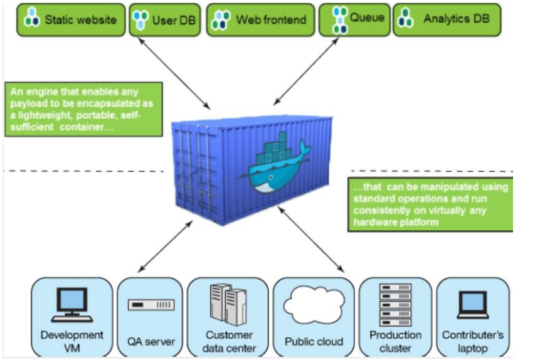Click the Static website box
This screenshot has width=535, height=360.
(70, 19)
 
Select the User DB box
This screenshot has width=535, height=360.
(164, 19)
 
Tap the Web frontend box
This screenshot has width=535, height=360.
(260, 19)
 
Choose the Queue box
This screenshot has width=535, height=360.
(354, 19)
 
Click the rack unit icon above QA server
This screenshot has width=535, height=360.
(151, 305)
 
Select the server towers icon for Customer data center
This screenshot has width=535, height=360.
(228, 304)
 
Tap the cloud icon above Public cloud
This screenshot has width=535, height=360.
(314, 305)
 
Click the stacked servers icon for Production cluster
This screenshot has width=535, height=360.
(395, 304)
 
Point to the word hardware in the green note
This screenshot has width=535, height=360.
(374, 221)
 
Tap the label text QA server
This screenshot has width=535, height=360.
(151, 342)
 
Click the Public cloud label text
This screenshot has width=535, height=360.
(314, 342)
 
